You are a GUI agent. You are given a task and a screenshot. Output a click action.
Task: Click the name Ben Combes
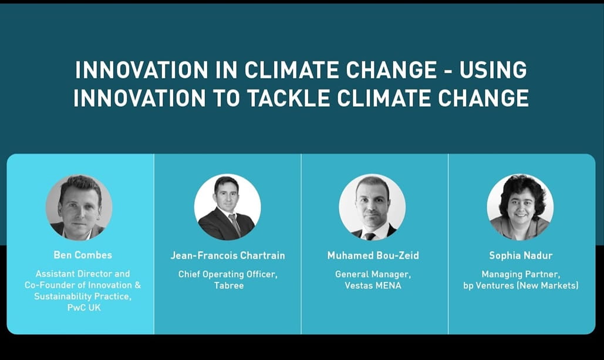[83, 255]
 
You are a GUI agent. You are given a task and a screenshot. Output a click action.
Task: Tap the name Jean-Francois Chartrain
[228, 255]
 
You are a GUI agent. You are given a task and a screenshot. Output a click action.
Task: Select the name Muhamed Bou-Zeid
[373, 255]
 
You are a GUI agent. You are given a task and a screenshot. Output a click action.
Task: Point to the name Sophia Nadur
[521, 255]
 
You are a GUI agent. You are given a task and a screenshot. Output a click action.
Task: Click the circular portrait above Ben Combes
[79, 207]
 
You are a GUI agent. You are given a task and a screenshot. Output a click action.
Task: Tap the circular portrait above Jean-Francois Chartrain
[227, 207]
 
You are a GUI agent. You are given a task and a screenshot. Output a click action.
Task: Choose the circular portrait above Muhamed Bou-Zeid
[372, 207]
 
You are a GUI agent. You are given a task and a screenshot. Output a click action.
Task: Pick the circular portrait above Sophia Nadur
[520, 207]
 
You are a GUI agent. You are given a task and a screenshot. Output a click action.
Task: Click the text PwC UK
[84, 307]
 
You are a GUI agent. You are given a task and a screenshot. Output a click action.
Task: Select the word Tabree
[229, 285]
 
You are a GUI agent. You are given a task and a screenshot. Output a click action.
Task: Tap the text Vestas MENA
[373, 285]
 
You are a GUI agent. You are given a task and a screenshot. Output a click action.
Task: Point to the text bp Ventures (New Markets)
[521, 285]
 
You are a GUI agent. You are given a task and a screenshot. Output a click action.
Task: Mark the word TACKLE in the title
[288, 97]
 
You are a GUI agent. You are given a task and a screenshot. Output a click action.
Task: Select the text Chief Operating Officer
[228, 274]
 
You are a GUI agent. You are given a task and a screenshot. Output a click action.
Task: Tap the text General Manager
[373, 274]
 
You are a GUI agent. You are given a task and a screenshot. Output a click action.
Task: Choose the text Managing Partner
[521, 274]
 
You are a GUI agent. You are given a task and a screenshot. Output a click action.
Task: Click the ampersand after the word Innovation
[137, 285]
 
